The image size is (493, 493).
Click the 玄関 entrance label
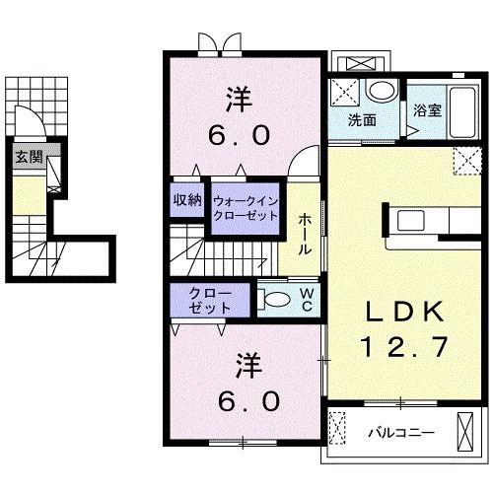point(30,157)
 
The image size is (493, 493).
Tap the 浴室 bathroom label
point(427,110)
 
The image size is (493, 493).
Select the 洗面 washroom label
point(362,120)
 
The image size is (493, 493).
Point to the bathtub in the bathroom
point(462,111)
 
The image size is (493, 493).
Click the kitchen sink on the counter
point(411,220)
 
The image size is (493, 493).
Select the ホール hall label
point(305,234)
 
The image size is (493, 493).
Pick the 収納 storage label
point(187,199)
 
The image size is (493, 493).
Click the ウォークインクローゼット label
point(246,208)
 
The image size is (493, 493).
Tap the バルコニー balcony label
point(400,433)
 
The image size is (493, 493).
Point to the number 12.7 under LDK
point(404,346)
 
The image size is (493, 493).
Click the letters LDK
point(405,312)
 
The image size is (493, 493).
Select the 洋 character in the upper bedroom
point(239,99)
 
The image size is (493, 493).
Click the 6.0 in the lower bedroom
point(248,400)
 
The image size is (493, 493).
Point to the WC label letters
point(307,299)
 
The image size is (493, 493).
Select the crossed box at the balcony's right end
point(464,432)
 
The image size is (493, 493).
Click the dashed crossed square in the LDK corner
point(467,161)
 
